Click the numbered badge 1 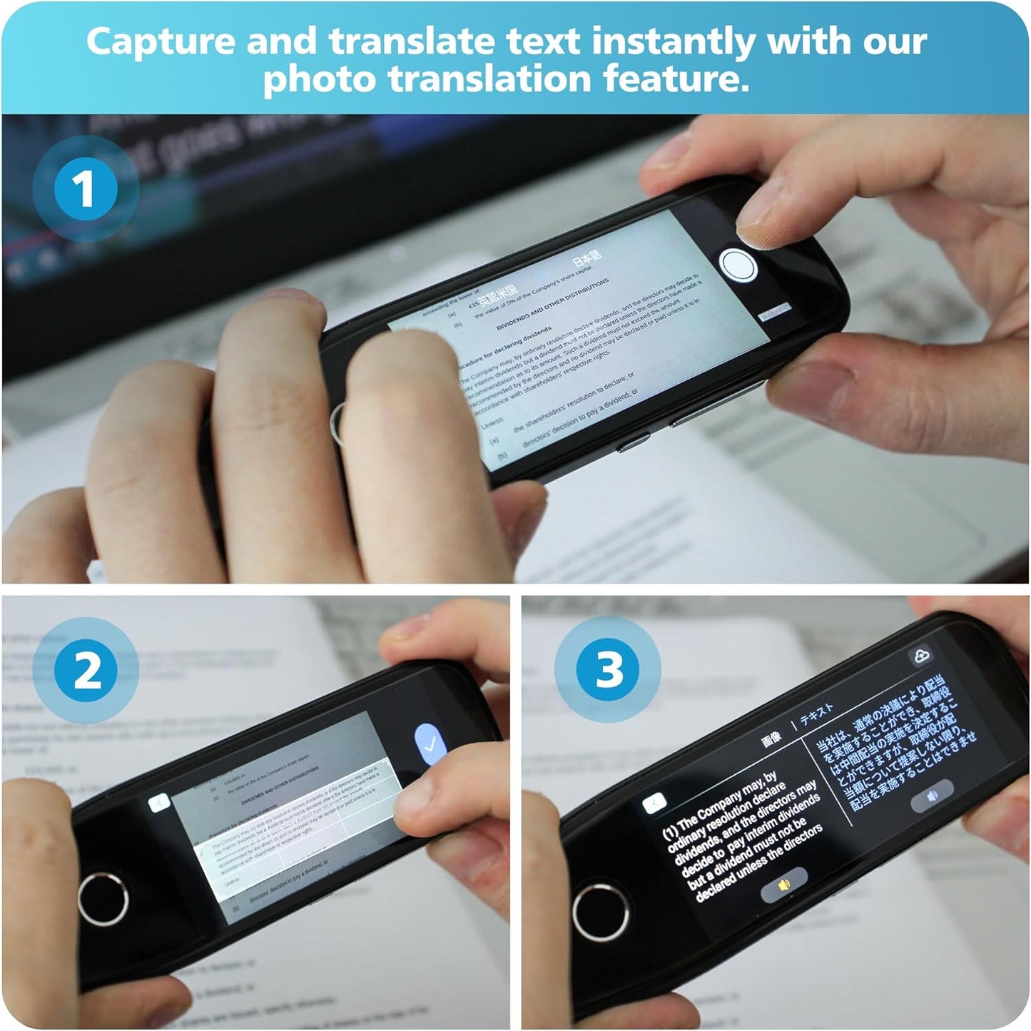[x=85, y=189]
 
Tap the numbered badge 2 [x=86, y=671]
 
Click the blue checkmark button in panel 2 [x=430, y=744]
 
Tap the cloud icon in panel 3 [x=920, y=656]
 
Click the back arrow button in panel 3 [x=654, y=803]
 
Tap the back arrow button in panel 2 [x=159, y=803]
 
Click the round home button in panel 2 [x=103, y=898]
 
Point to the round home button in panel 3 [x=600, y=910]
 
